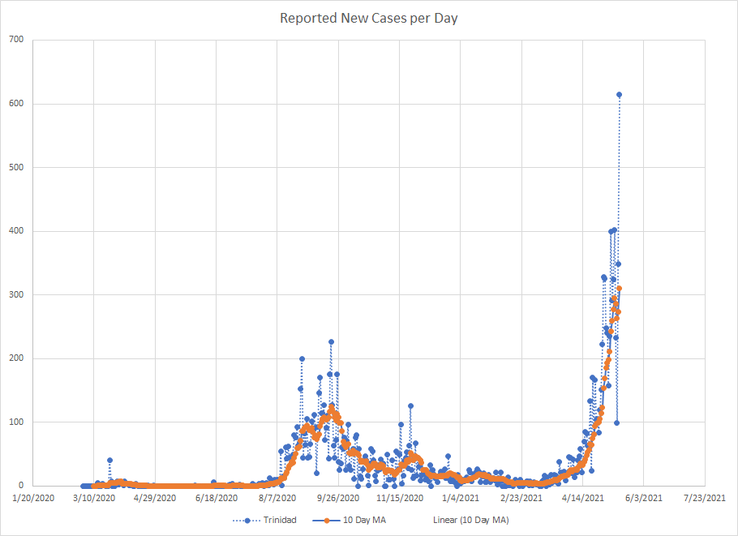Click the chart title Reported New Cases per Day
[369, 18]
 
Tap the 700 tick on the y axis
[15, 40]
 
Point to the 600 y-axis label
[15, 104]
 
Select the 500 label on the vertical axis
[15, 167]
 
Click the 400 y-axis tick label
[15, 231]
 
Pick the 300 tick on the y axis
[15, 294]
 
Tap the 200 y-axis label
[15, 358]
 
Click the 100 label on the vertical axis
[15, 422]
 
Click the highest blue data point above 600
[619, 95]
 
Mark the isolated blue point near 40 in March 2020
[109, 461]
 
